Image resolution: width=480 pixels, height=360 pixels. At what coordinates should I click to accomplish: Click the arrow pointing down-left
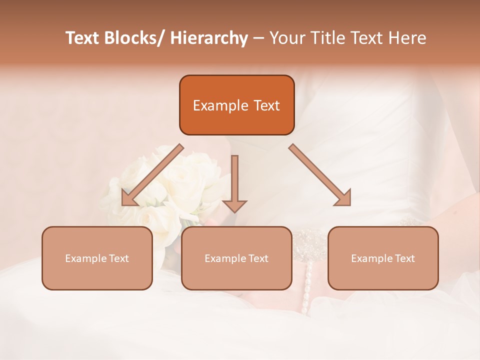(150, 176)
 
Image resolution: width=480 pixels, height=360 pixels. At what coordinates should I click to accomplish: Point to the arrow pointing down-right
(320, 175)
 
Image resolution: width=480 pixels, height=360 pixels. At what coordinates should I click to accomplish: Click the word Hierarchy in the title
(208, 38)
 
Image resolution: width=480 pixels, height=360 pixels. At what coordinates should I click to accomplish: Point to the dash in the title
(258, 38)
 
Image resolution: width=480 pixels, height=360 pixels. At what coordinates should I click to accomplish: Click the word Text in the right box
(404, 258)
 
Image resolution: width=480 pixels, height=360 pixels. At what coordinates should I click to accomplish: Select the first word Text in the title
(83, 38)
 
